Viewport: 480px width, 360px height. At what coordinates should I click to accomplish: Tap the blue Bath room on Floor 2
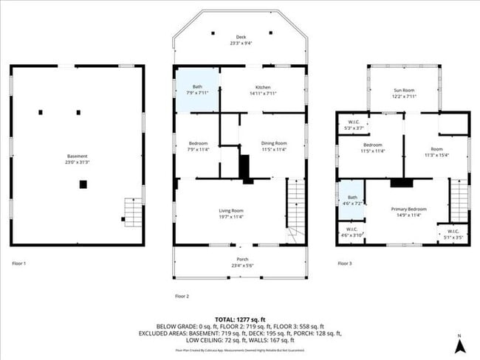click(197, 89)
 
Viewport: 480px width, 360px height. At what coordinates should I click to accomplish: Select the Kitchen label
click(264, 89)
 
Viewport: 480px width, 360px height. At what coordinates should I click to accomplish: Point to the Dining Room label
click(273, 146)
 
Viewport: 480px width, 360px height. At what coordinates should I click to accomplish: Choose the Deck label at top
click(241, 40)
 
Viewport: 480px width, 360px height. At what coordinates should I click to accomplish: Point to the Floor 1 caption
click(20, 263)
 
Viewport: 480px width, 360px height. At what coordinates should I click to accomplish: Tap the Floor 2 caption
click(182, 296)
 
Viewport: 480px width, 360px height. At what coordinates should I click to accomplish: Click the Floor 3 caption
click(345, 263)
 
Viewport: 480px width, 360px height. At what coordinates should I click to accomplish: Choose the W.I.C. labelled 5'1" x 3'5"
click(450, 235)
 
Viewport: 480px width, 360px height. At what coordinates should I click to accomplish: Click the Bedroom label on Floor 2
click(198, 146)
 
